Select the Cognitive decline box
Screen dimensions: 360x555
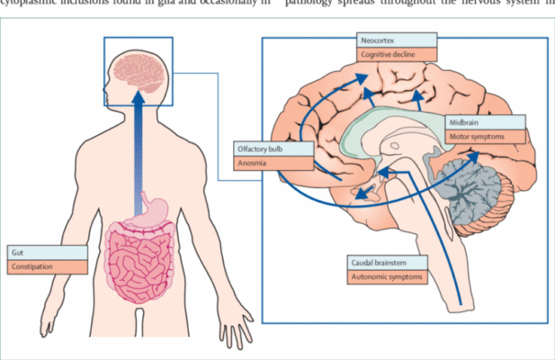coord(395,55)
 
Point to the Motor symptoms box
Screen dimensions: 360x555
coord(483,136)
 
